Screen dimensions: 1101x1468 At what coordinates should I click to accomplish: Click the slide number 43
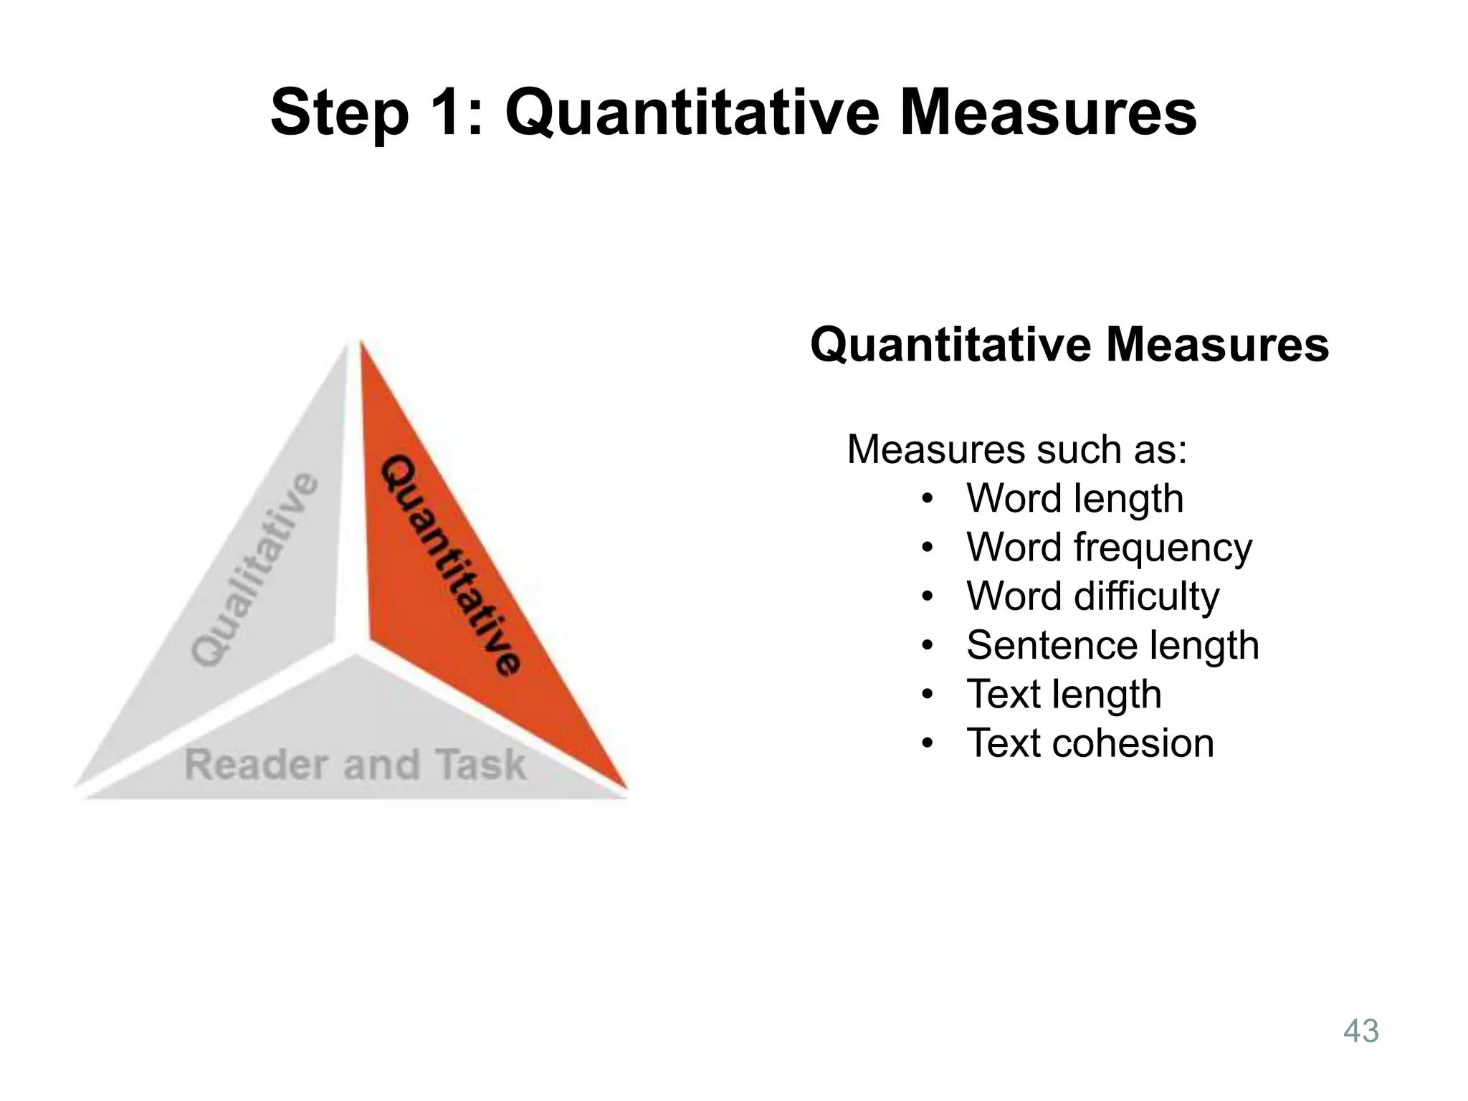(1360, 1031)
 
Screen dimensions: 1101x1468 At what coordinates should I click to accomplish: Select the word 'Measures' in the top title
(1048, 113)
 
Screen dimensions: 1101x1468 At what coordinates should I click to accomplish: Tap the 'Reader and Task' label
(355, 764)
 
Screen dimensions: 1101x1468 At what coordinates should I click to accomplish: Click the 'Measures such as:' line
(1016, 450)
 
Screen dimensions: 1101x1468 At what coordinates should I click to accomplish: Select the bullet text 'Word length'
(1074, 498)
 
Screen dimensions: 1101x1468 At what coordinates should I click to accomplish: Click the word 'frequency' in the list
(1163, 548)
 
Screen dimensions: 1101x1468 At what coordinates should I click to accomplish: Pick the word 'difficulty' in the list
(1147, 596)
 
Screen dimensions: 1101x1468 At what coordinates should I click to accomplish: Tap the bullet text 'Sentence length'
(1112, 645)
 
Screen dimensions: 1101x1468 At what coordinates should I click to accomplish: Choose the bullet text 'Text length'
(1064, 694)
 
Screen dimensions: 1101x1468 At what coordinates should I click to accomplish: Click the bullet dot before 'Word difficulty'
(928, 596)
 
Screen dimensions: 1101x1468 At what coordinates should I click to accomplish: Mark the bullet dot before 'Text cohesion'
(928, 743)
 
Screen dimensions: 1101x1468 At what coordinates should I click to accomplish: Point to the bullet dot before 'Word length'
(928, 499)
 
